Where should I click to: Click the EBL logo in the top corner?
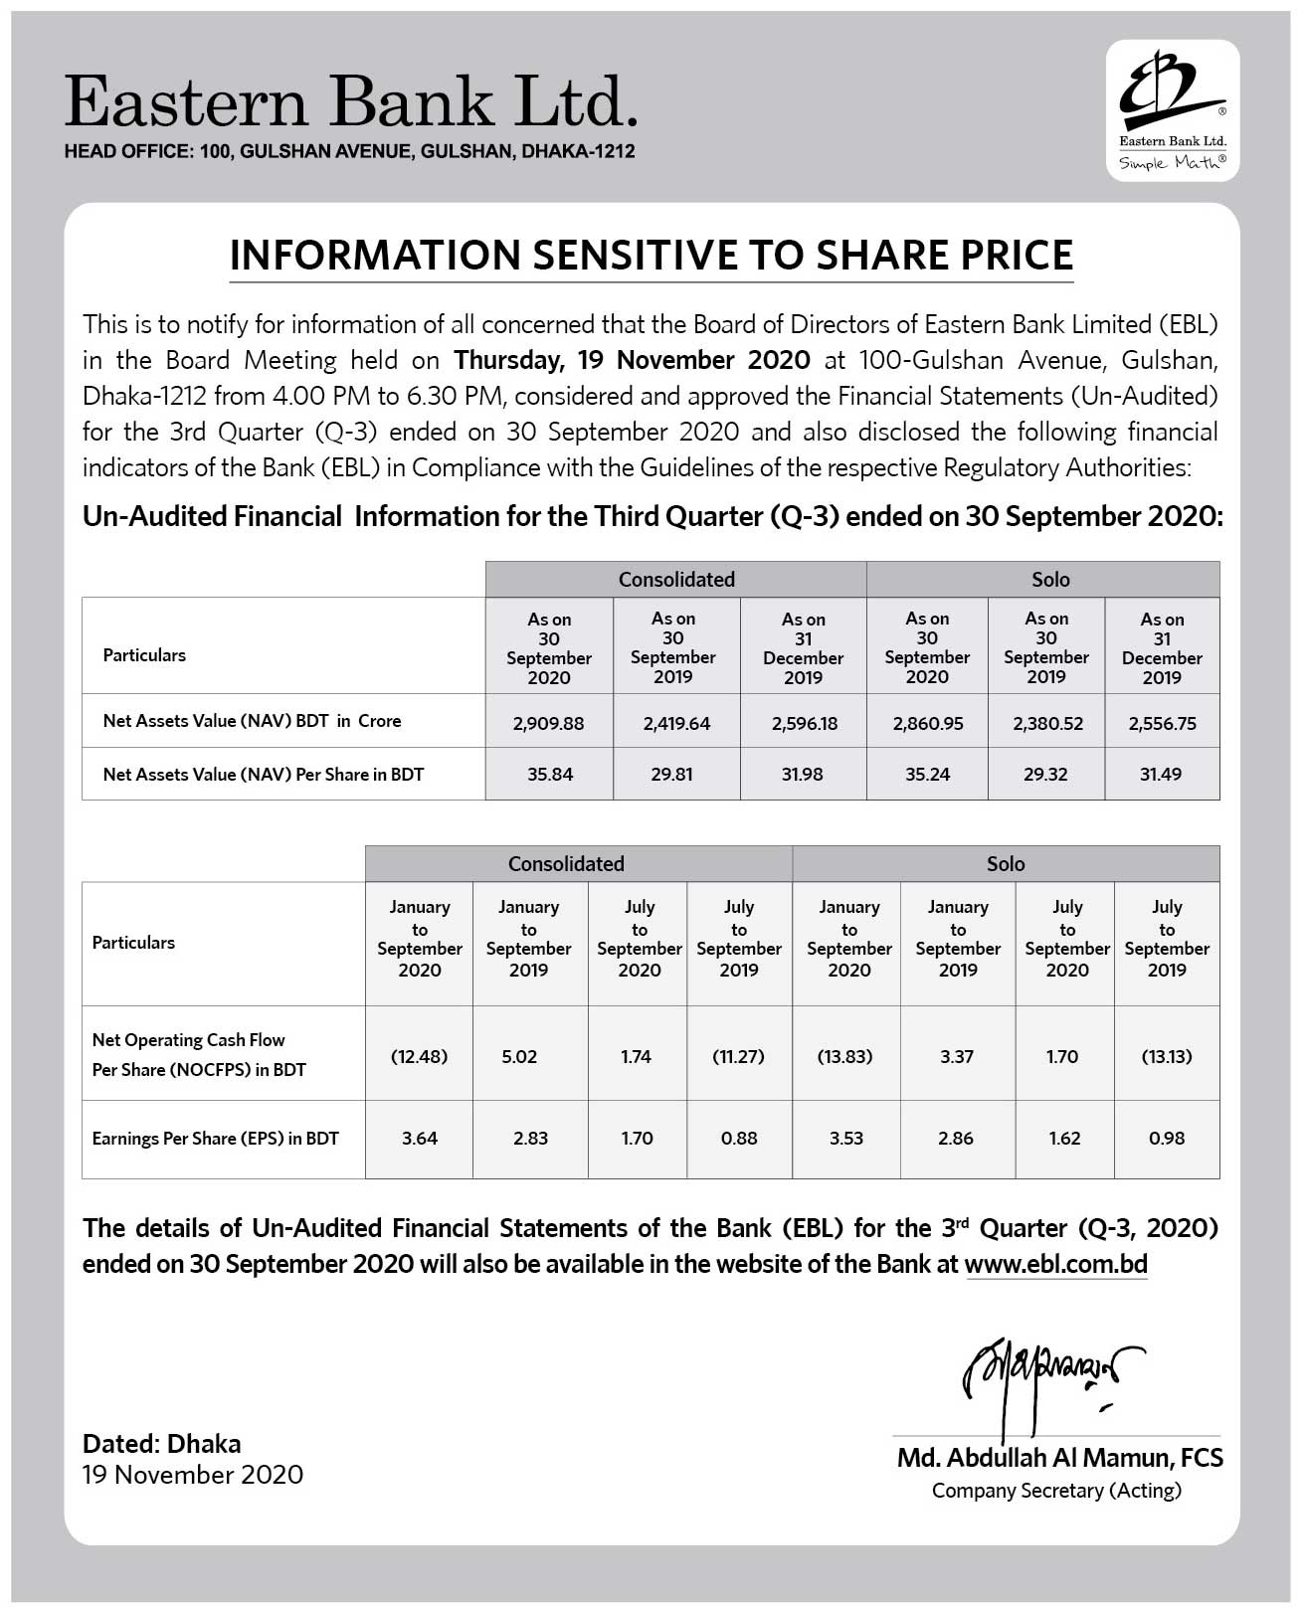pos(1172,109)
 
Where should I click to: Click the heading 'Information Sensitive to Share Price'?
pos(652,255)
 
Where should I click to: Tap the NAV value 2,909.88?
pos(548,723)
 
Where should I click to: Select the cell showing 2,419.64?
pos(676,723)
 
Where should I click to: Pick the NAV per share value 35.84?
pos(550,774)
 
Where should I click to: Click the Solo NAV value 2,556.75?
pos(1162,723)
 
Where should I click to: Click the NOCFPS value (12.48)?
pos(419,1056)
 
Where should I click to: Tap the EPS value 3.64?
pos(420,1138)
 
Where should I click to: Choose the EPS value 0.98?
pos(1167,1138)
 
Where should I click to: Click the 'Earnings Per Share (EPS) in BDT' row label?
pos(216,1139)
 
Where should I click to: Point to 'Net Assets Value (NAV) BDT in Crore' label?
pos(252,721)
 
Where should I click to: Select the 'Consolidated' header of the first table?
pos(676,580)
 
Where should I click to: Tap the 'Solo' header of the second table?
pos(1006,864)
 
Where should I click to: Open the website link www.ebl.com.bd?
pos(1055,1264)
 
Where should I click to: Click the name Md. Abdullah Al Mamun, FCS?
pos(1059,1458)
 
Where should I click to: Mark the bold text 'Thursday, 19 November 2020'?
pos(632,360)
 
